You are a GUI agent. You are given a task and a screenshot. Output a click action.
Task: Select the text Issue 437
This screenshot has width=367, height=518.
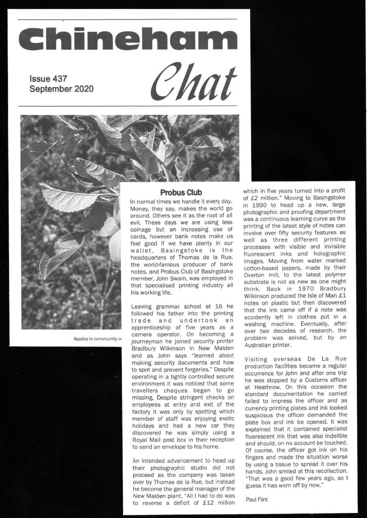(48, 79)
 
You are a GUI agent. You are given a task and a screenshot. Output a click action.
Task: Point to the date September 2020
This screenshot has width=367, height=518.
(61, 89)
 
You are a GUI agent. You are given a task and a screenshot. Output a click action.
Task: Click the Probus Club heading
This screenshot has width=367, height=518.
(181, 193)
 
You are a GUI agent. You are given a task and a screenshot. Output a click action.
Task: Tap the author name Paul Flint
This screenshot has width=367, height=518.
(257, 500)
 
